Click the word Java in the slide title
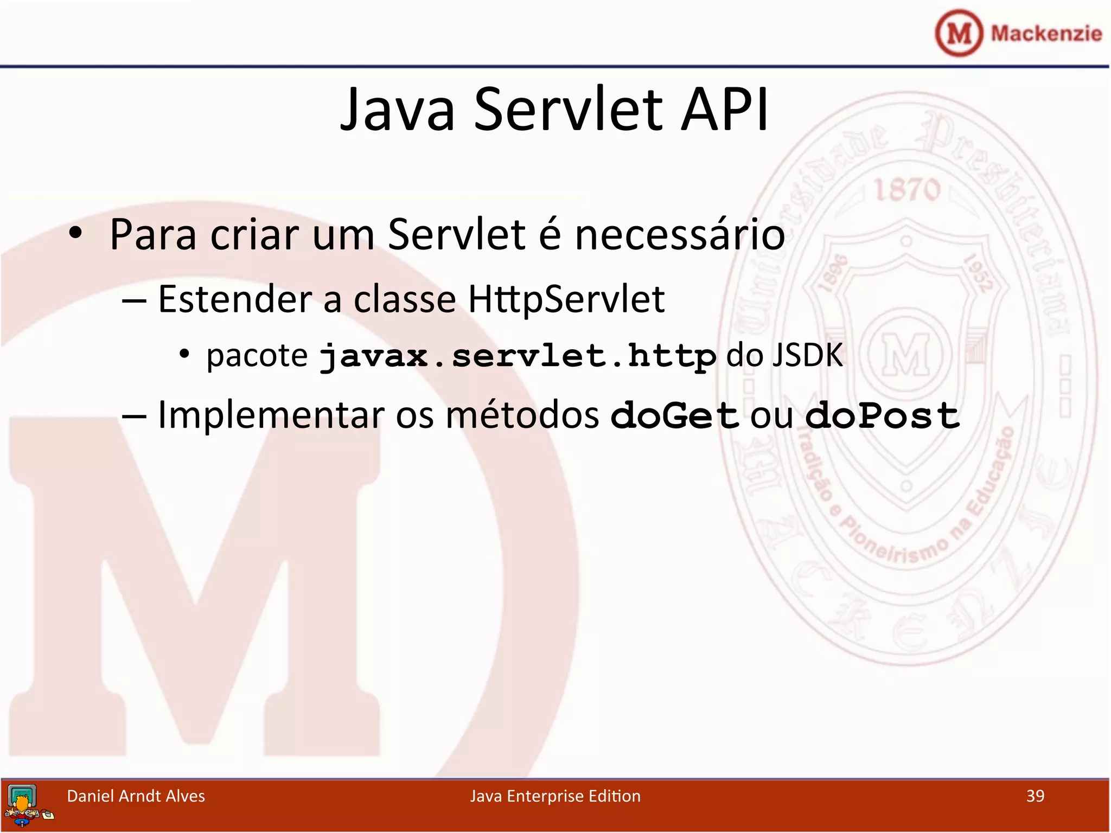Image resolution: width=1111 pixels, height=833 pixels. point(397,110)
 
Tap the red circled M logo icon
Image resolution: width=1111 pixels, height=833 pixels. point(959,33)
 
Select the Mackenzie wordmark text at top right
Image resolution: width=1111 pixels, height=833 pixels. point(1046,34)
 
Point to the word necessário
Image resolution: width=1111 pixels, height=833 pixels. point(679,235)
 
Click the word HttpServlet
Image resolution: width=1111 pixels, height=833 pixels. point(566,299)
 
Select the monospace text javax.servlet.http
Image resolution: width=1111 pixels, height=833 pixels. point(518,357)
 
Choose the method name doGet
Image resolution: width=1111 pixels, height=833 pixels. point(674,416)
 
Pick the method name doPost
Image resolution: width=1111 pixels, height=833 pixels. point(882,416)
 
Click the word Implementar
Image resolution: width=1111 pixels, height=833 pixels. point(271,416)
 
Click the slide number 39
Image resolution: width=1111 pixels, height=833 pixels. point(1035,796)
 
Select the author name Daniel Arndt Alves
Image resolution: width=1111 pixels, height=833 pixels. point(136,796)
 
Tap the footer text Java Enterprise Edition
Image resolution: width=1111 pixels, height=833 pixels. point(555,796)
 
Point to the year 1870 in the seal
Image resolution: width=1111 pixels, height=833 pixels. point(906,190)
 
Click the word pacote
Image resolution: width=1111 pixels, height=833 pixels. point(257,356)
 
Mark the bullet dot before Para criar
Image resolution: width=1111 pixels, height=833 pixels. point(75,233)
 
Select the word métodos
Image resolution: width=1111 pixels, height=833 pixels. point(522,416)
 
